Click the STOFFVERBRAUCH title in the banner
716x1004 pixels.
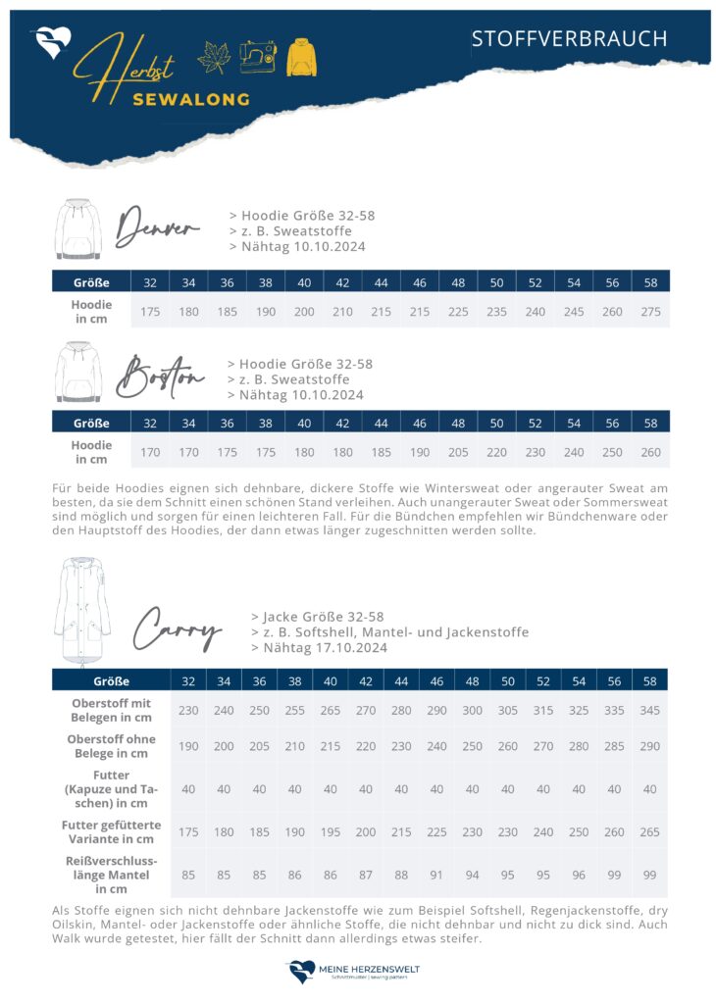(569, 38)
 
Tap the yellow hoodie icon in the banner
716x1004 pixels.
(301, 57)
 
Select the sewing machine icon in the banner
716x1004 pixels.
(258, 57)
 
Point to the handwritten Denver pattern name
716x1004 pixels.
(157, 228)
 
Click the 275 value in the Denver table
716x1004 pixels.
(650, 312)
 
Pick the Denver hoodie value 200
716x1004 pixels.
(304, 312)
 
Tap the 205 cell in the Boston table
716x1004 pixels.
(458, 452)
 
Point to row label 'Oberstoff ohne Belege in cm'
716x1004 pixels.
(110, 746)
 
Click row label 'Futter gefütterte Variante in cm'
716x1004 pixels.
(110, 831)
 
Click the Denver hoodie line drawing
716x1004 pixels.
(77, 228)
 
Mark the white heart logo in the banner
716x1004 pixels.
(50, 42)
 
